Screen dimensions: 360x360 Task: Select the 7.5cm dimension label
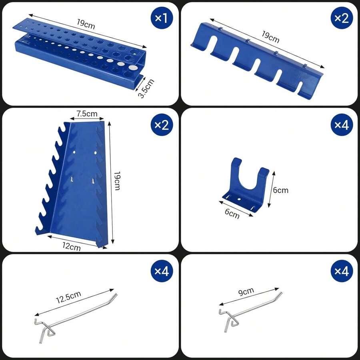click(x=87, y=114)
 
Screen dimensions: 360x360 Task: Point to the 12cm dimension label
click(x=72, y=247)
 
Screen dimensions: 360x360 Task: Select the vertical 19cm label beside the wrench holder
click(x=117, y=181)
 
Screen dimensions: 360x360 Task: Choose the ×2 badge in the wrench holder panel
click(x=162, y=125)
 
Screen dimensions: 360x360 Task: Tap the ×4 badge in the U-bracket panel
click(x=342, y=125)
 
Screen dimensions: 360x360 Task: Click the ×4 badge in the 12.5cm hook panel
click(x=162, y=271)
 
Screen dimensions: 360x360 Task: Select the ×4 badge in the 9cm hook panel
click(x=342, y=271)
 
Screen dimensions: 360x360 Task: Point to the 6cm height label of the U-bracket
click(x=280, y=190)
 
